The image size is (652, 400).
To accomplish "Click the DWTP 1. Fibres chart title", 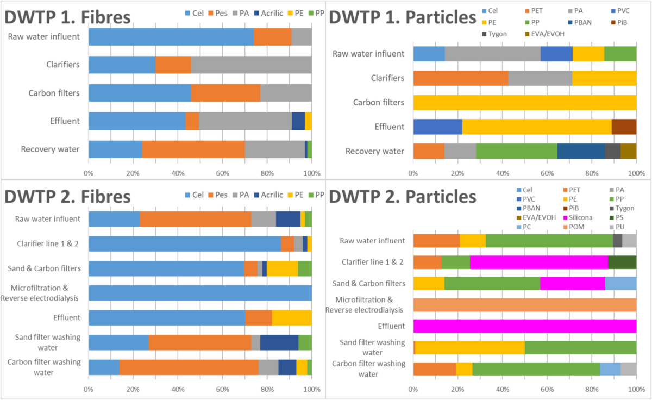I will coord(68,16).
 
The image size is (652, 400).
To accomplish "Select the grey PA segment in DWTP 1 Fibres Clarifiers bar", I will coord(251,65).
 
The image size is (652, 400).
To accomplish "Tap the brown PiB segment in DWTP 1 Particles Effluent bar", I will coord(624,127).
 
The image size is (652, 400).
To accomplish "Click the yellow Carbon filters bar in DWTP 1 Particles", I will coord(524,102).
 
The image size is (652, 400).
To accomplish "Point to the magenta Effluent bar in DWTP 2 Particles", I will coord(524,326).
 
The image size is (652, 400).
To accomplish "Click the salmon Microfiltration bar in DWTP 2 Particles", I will coord(524,305).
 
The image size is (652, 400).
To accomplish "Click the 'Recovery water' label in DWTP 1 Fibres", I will coord(51,149).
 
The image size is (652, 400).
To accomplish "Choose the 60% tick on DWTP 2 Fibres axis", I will coord(222,390).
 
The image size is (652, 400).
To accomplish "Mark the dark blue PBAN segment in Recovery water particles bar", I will coord(581,151).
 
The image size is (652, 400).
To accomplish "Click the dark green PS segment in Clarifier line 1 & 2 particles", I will coord(622,262).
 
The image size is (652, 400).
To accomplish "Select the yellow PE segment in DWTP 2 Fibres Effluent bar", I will coord(292,317).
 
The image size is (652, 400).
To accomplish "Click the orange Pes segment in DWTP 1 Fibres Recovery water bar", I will coord(193,149).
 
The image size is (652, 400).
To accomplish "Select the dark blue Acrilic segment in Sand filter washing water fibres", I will coord(279,342).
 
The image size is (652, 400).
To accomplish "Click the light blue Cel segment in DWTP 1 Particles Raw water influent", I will coord(429,54).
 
